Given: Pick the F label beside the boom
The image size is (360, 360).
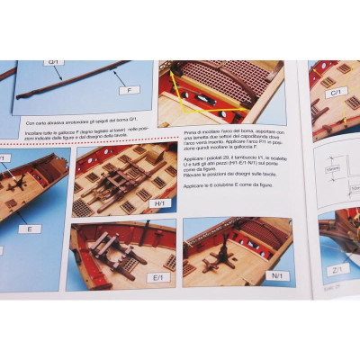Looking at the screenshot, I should (130, 90).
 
